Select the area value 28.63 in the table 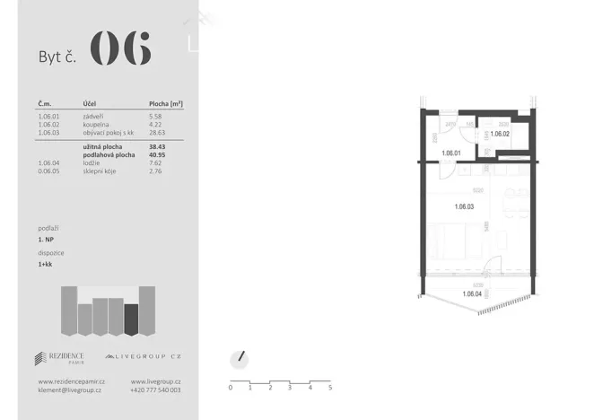tap(157, 131)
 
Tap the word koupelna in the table tap(96, 124)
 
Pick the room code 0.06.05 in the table tap(49, 171)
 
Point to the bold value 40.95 tap(158, 155)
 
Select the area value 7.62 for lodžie tap(155, 162)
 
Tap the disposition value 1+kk tap(46, 265)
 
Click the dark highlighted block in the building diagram tap(131, 319)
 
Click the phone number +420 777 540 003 tap(155, 390)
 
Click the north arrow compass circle tap(239, 358)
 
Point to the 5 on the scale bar tap(330, 388)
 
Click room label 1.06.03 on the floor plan tap(465, 207)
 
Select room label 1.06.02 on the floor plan tap(500, 134)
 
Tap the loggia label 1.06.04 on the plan tap(473, 293)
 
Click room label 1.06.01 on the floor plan tap(451, 153)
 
